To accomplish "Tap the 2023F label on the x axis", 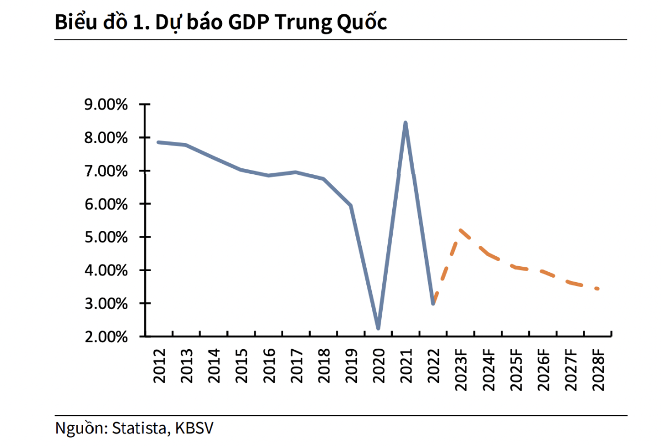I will click(460, 369).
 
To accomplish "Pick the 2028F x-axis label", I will click(598, 369).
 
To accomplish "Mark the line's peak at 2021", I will click(405, 123).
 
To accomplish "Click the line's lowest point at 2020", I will click(378, 328).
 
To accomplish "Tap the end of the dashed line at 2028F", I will click(598, 289).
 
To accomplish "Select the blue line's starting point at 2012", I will click(158, 142).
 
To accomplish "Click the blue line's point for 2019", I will click(350, 206).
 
